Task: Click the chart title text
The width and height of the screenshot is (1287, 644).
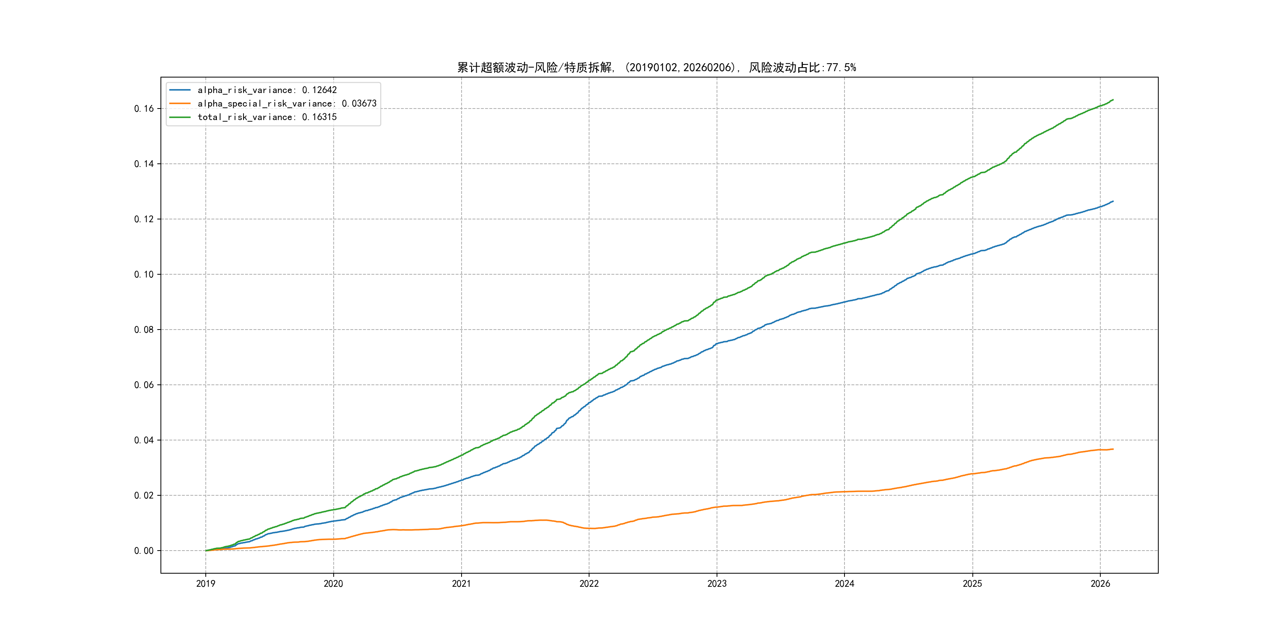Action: (657, 68)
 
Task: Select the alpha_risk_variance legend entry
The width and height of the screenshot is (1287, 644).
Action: (267, 90)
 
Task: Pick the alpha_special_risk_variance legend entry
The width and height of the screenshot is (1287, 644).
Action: (287, 103)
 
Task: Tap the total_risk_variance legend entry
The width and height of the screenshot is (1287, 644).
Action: (267, 117)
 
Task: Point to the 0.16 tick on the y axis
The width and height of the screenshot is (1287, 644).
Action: (144, 109)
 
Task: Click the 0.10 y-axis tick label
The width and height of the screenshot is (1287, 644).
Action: (144, 275)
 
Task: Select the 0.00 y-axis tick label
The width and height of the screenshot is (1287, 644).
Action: (144, 551)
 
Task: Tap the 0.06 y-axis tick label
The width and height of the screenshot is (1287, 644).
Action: (144, 385)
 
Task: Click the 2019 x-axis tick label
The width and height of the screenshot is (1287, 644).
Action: (205, 584)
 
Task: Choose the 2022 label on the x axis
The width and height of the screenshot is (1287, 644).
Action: (589, 584)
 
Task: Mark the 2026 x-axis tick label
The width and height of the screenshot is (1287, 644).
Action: (1100, 584)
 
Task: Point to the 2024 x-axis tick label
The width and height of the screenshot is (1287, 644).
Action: (844, 584)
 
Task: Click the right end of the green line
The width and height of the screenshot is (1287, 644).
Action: (1113, 100)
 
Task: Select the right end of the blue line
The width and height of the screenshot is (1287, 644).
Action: (1113, 202)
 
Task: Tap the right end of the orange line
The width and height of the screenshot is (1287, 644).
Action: (1113, 449)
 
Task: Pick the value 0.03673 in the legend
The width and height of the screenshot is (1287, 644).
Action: (359, 103)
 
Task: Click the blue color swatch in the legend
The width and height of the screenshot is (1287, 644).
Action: (180, 90)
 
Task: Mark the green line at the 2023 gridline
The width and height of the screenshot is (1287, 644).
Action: (717, 300)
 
